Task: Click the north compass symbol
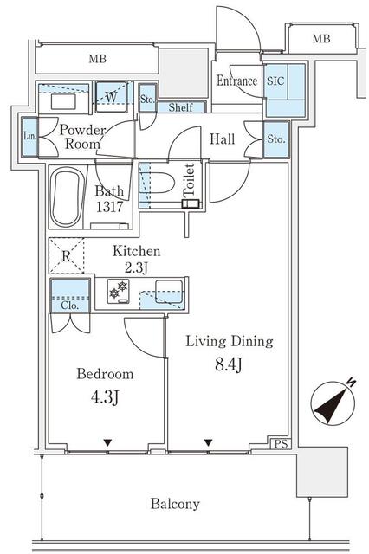(333, 403)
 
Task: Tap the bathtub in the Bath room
(67, 197)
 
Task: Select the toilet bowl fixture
(159, 183)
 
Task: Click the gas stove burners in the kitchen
(119, 292)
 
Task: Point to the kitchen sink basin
(169, 292)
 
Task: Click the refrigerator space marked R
(67, 256)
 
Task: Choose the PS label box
(282, 444)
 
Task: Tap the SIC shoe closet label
(275, 81)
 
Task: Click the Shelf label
(181, 107)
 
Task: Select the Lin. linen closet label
(29, 136)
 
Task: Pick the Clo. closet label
(70, 306)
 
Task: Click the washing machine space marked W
(111, 97)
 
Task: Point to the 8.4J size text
(229, 364)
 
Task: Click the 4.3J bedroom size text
(105, 397)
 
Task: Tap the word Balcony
(175, 504)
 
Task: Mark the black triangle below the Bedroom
(107, 442)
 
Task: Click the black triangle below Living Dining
(209, 442)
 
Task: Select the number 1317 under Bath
(109, 207)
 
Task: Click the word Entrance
(236, 81)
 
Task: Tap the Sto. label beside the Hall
(276, 139)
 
